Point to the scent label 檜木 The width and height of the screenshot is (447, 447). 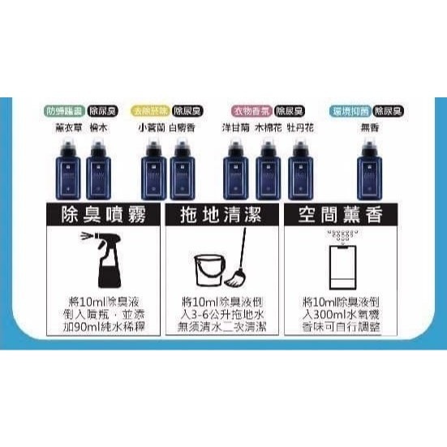[97, 127]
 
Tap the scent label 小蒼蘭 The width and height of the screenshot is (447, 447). [150, 127]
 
